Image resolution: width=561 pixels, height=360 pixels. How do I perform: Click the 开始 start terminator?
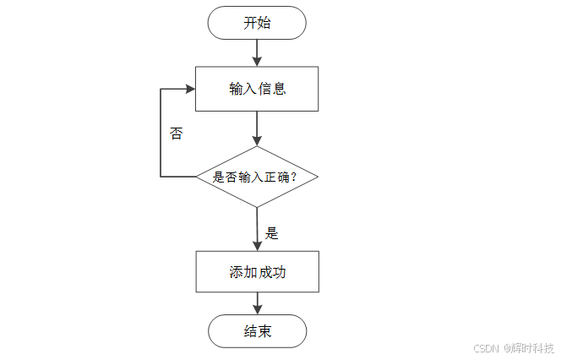257,23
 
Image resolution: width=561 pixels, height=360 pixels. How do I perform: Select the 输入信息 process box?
257,89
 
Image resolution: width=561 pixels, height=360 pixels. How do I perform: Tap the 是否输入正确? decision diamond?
257,177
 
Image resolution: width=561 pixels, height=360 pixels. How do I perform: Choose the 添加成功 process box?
257,272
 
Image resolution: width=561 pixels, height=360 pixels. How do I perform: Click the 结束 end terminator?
257,330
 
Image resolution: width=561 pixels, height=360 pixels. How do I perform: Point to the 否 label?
176,134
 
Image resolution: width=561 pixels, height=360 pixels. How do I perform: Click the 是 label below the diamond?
271,232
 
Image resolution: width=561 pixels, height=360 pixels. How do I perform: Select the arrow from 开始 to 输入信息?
257,52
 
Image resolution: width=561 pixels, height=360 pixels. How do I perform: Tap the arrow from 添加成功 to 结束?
257,303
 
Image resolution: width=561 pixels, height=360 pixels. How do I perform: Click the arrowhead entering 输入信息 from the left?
189,88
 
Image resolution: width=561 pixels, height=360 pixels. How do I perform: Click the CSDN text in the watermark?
487,347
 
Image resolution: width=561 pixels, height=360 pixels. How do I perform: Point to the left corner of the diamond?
197,177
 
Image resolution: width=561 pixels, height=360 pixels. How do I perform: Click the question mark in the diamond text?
313,177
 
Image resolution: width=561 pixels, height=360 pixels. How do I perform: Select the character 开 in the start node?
250,23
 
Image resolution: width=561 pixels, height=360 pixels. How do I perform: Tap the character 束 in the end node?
264,330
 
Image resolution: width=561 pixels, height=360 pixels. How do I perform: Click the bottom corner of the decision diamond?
257,207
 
